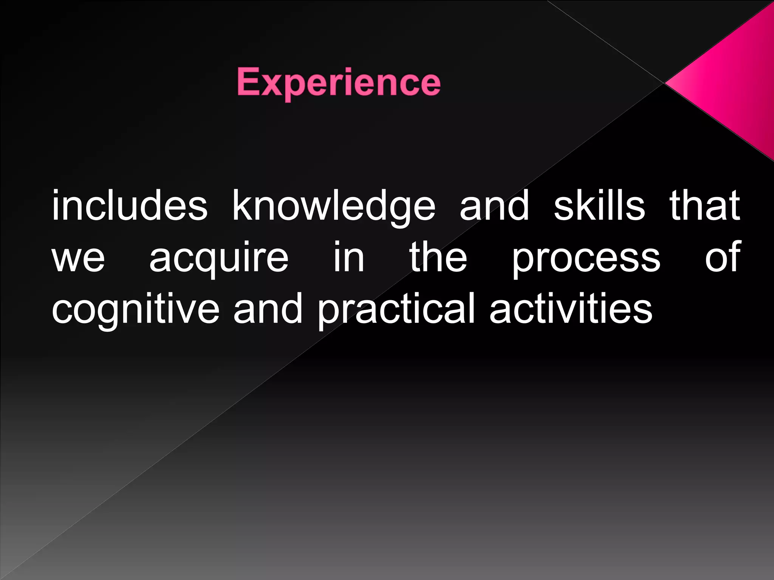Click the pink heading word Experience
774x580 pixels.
[339, 83]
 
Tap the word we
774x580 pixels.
[78, 258]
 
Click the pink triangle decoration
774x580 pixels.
[729, 81]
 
